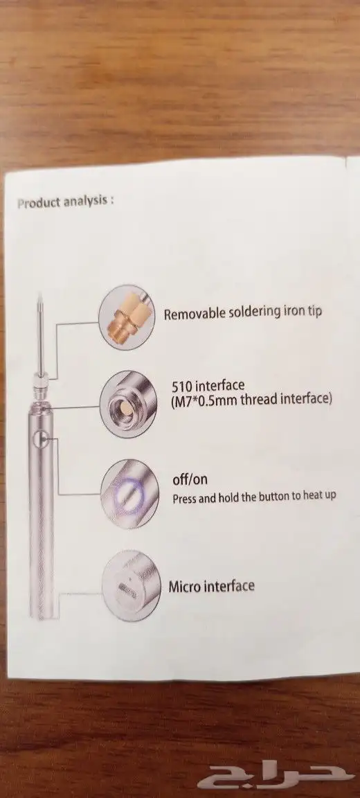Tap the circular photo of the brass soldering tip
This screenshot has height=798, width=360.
point(127,317)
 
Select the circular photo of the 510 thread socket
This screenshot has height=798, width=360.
point(128,402)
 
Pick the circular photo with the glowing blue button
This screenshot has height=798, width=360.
point(129,493)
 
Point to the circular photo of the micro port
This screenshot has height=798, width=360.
point(131,585)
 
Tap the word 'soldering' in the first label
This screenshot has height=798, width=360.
point(253,312)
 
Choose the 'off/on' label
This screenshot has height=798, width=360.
point(190,479)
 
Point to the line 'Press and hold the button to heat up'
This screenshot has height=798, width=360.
point(254,496)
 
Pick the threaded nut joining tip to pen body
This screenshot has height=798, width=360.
point(40,380)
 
